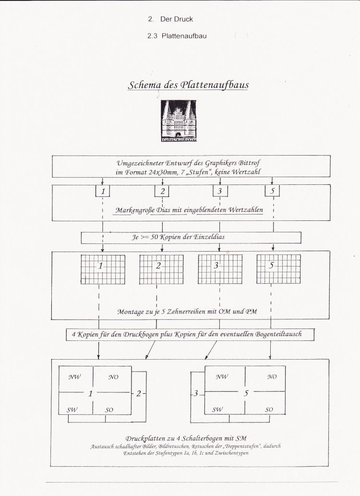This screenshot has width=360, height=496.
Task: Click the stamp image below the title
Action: pos(179,121)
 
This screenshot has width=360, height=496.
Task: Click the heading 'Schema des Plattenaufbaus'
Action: pos(188,85)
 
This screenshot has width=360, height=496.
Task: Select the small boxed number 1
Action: pos(103,191)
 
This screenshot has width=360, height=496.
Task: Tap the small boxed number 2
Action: pos(162,191)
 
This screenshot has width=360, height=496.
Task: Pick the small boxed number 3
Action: pos(220,191)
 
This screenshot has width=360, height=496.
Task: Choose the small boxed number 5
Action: pos(272,191)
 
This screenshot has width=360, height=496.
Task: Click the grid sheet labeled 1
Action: pos(103,269)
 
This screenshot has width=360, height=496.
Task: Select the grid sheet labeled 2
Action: pos(161,269)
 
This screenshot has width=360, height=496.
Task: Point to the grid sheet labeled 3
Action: pos(220,269)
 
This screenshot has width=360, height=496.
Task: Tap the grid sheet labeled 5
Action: pos(279,269)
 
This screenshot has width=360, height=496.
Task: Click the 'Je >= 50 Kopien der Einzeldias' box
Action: pos(191,238)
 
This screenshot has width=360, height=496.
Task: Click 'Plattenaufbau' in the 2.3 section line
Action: pos(184,36)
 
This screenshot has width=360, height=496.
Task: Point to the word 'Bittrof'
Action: pos(249,163)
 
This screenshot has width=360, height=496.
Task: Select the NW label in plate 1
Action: pos(75,377)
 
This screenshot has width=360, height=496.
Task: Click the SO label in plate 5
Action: pos(269,410)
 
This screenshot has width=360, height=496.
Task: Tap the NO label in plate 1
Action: pos(113,377)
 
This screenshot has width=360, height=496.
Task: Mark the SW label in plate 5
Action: pos(217,409)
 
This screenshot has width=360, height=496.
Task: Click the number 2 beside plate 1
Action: pos(139,394)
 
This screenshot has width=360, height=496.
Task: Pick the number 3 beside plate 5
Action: pos(196,393)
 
